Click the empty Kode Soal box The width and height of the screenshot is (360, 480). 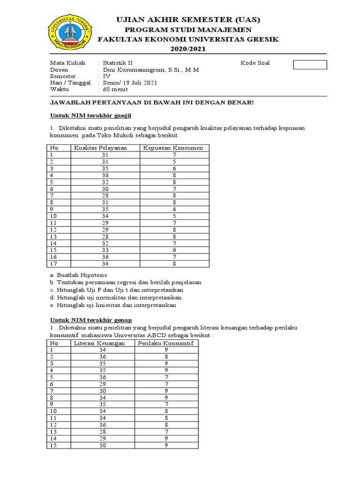(309, 64)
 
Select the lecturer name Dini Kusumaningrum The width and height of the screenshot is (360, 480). (151, 70)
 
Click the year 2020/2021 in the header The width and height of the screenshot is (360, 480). (187, 49)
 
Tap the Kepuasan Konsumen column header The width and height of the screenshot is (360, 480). (174, 148)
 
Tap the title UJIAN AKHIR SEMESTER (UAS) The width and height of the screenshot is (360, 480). (187, 20)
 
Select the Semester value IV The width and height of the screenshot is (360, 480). (107, 76)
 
